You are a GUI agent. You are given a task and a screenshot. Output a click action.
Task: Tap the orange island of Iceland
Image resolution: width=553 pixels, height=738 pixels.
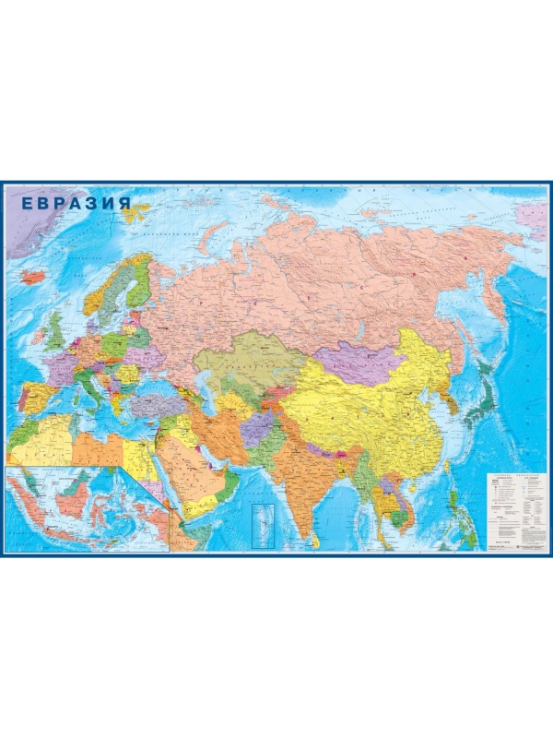[x=34, y=276]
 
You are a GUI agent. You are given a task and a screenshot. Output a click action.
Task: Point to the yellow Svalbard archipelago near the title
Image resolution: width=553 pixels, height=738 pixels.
[x=138, y=213]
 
